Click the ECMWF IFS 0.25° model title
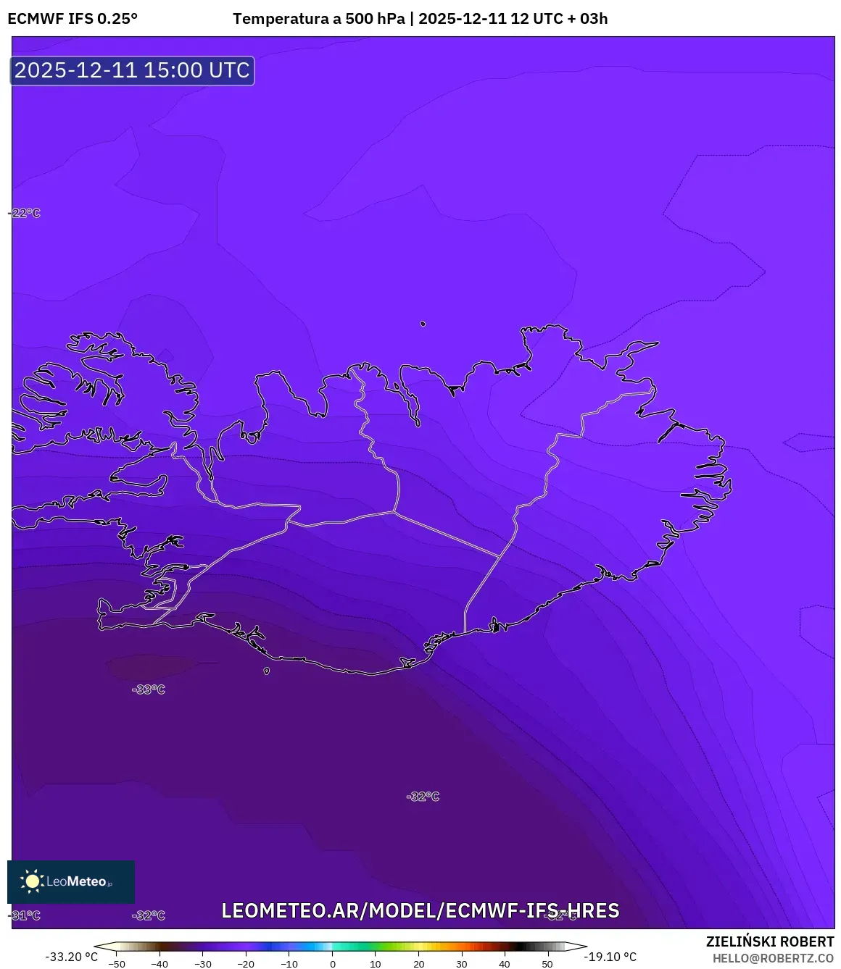tap(72, 19)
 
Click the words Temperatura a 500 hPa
tap(318, 19)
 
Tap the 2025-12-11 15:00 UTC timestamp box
tap(132, 70)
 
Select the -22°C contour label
tap(25, 213)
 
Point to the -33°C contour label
tap(149, 689)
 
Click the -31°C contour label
tap(25, 915)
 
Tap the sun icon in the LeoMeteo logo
tap(32, 881)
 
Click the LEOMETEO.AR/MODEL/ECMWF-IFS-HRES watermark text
tap(420, 910)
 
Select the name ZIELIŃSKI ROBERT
tap(770, 941)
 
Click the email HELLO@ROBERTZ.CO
tap(773, 958)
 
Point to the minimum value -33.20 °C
tap(71, 957)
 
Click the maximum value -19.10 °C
tap(610, 957)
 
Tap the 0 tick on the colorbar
tap(333, 964)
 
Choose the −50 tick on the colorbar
tap(116, 964)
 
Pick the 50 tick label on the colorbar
tap(547, 964)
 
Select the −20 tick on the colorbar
tap(246, 964)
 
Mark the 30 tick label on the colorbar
tap(461, 964)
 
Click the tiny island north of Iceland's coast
tap(423, 324)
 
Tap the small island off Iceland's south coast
tap(267, 671)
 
